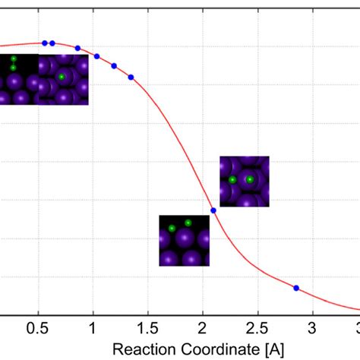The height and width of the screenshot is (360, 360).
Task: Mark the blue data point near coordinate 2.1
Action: tap(213, 210)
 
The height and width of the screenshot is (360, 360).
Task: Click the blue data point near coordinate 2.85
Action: tap(296, 288)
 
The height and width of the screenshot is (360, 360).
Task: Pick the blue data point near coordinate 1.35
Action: tap(131, 77)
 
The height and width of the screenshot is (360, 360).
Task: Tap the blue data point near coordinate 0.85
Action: tap(77, 48)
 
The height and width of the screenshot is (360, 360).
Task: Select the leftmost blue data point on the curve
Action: tap(45, 43)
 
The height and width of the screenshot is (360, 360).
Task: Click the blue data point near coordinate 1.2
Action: tap(114, 66)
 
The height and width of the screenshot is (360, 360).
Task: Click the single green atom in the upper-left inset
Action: tap(62, 77)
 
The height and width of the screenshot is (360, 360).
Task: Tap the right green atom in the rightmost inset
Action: tap(250, 179)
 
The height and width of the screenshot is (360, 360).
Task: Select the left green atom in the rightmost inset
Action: tap(232, 180)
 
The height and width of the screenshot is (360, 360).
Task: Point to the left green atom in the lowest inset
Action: tap(172, 228)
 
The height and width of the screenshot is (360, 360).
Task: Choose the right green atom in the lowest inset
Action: tap(188, 223)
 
